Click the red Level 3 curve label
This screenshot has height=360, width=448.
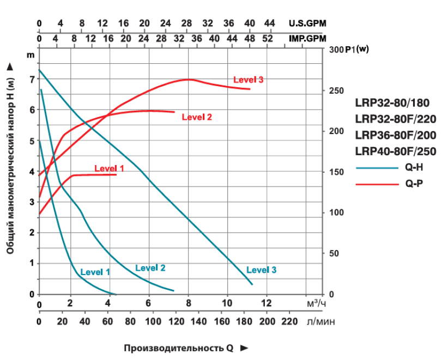pos(248,80)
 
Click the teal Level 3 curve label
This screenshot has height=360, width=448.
pos(261,270)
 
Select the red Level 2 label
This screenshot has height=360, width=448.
pos(196,117)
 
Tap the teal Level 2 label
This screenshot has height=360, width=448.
pos(150,267)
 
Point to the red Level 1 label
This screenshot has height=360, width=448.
pos(109,168)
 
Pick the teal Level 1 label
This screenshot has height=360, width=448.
pos(95,271)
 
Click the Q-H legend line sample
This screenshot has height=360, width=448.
pos(377,169)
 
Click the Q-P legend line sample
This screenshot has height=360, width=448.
pos(377,185)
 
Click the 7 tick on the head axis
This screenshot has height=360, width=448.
pos(32,79)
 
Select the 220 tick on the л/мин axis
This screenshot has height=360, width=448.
pos(289,321)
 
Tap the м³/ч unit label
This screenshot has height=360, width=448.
pos(317,303)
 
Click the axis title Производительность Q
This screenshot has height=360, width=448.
pos(180,348)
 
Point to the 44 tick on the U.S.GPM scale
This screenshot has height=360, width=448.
pos(269,23)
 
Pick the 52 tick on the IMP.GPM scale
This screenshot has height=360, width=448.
pos(267,39)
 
